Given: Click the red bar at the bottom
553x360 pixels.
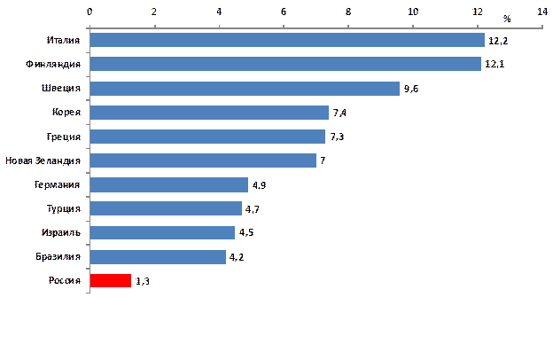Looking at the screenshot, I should click(110, 280).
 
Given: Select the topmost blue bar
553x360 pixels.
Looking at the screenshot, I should click(286, 40).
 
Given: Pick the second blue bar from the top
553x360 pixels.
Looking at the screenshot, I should click(284, 64).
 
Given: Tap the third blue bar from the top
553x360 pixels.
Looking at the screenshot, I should click(244, 88).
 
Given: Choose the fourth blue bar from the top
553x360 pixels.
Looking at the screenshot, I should click(208, 113).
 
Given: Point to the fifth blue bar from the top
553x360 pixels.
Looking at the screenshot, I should click(206, 137).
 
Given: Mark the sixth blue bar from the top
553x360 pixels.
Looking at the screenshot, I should click(202, 160).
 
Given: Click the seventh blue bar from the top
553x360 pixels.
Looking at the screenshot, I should click(168, 184).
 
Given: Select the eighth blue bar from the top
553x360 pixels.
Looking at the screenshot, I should click(165, 208).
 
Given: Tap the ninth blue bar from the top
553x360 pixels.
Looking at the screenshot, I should click(161, 232).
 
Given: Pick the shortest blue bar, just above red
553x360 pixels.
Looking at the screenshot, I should click(157, 256).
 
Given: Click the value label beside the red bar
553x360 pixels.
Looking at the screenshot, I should click(142, 281).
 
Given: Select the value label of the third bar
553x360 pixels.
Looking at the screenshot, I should click(410, 89).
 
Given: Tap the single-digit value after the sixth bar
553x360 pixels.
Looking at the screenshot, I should click(323, 160).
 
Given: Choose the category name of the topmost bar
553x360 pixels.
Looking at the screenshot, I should click(64, 41).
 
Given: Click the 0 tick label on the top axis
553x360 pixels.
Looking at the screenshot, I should click(90, 12).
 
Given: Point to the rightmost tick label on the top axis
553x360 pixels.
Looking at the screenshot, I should click(541, 12).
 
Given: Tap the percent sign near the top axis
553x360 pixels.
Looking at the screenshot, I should click(507, 18).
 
